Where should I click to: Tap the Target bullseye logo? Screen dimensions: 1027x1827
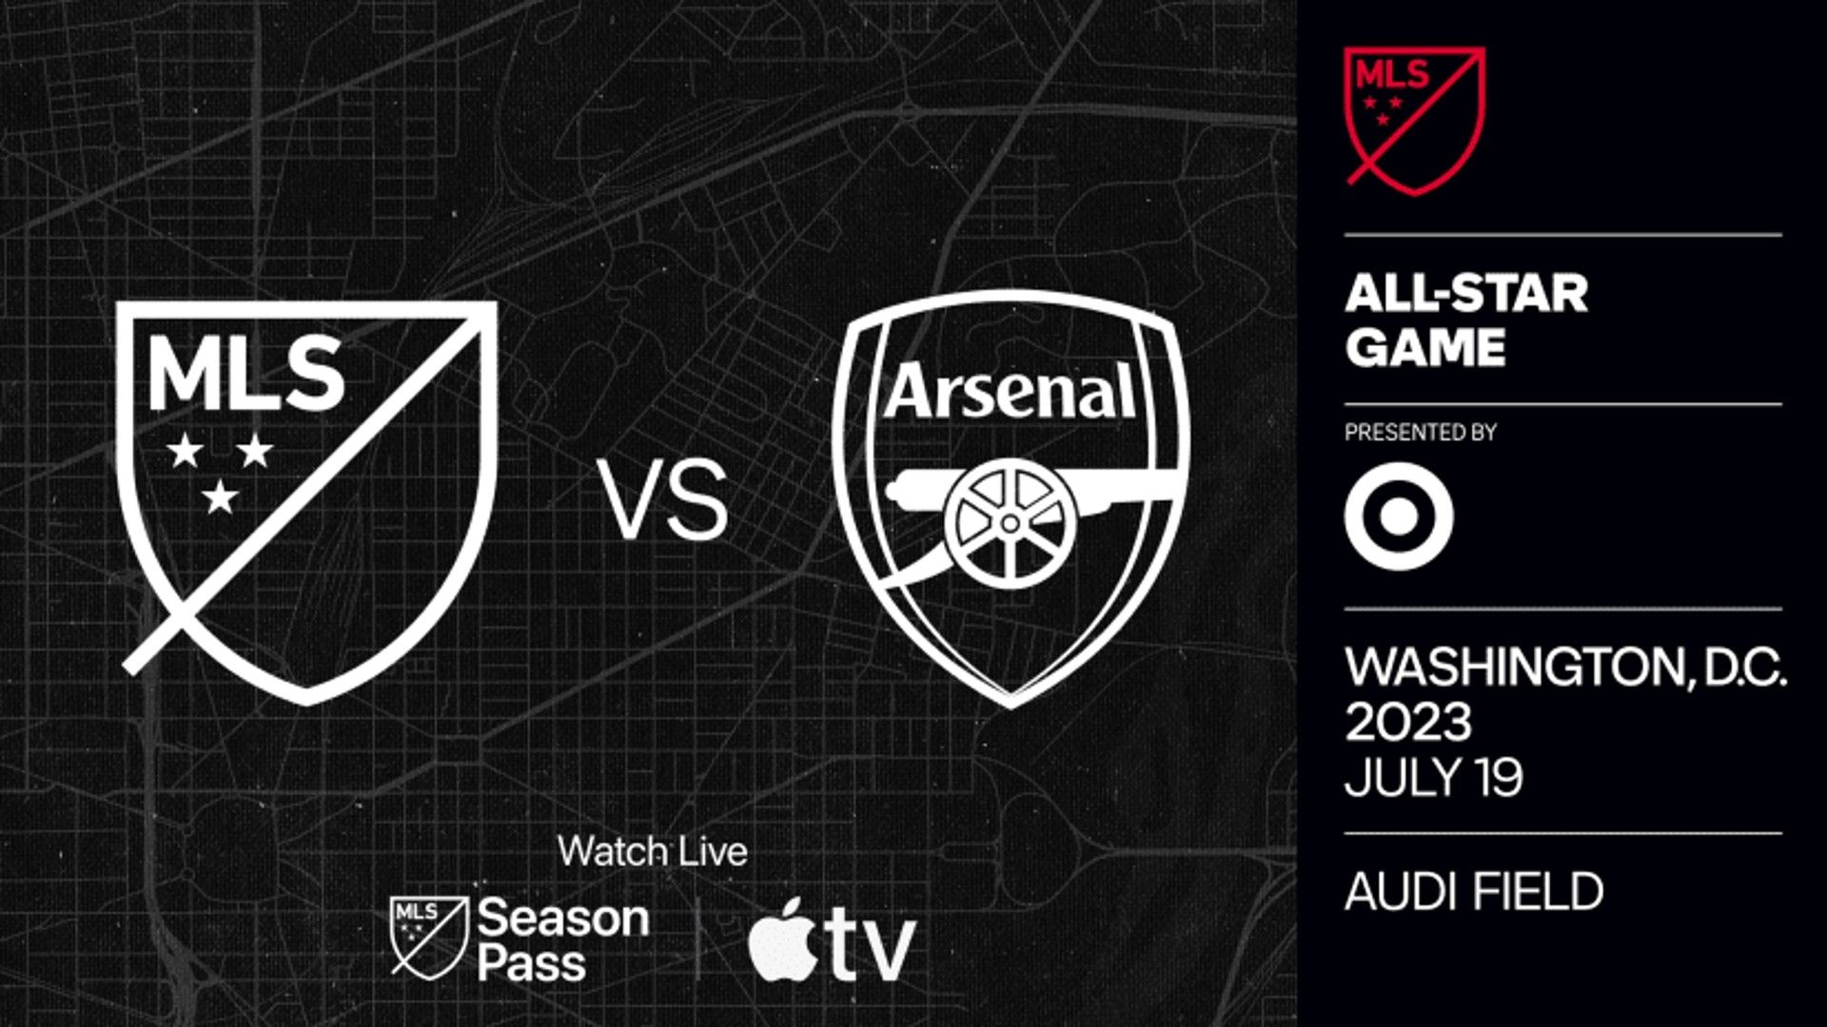[x=1398, y=517]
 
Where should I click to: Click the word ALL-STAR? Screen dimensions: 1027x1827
[x=1465, y=293]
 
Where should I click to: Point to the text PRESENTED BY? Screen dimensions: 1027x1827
[x=1420, y=433]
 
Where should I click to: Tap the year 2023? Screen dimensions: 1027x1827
[x=1407, y=723]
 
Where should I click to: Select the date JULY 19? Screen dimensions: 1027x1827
[x=1433, y=778]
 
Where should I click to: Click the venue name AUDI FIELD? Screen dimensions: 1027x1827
[x=1474, y=892]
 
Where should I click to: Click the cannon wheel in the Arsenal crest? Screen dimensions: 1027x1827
[x=1010, y=522]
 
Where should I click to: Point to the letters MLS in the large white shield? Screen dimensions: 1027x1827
[x=246, y=375]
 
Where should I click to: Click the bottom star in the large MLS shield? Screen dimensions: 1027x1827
[x=221, y=496]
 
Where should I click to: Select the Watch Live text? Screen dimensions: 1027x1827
[x=653, y=851]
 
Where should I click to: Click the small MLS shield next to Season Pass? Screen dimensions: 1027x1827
[x=429, y=937]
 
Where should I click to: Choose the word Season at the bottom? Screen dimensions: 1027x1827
[x=562, y=919]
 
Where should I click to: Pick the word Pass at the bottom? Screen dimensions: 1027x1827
[x=531, y=963]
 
